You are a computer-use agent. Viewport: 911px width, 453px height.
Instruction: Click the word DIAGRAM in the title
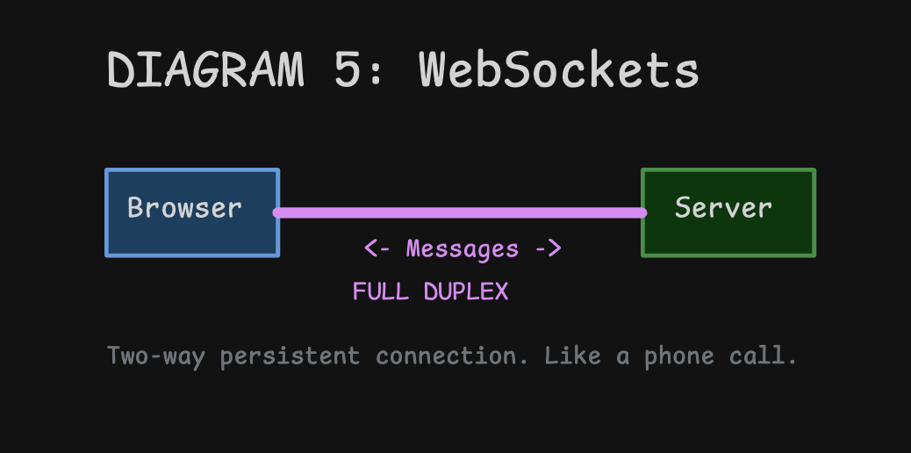(x=204, y=69)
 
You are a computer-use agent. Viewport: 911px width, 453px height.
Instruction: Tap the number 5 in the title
(x=348, y=69)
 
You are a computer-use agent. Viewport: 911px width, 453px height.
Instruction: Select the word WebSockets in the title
(x=558, y=69)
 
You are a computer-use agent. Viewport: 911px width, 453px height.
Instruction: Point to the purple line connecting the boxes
(x=460, y=212)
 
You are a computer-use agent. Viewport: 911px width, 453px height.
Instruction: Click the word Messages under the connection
(x=463, y=248)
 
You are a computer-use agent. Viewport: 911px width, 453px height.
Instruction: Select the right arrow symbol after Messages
(x=549, y=248)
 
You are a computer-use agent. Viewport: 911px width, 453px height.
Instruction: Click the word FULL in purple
(x=381, y=291)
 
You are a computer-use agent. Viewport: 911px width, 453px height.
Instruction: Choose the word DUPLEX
(x=466, y=291)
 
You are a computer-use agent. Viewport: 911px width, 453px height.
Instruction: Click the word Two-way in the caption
(x=155, y=356)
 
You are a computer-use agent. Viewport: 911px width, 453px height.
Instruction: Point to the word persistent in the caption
(x=290, y=356)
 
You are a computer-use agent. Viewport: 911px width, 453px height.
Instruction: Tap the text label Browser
(x=184, y=208)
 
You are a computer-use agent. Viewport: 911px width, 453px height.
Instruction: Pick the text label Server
(x=723, y=208)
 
